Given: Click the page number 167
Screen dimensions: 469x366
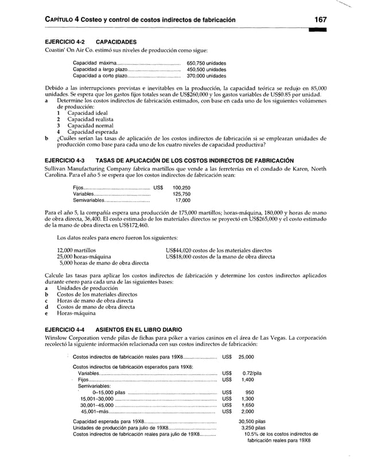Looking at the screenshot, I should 320,20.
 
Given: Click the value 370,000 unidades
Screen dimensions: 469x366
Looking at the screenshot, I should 207,75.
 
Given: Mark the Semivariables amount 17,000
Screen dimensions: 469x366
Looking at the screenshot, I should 182,201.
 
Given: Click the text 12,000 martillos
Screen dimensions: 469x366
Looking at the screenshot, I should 76,250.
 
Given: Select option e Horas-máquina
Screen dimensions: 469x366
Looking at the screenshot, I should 75,314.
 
